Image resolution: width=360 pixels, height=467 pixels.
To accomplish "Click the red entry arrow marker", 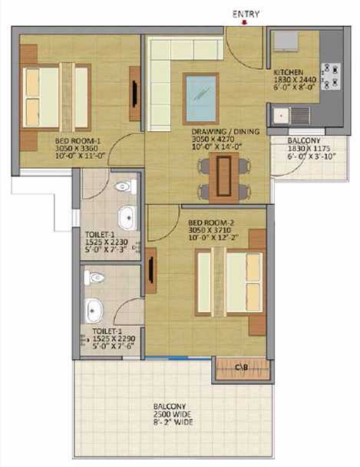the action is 244,22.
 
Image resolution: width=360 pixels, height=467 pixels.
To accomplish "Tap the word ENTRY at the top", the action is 246,14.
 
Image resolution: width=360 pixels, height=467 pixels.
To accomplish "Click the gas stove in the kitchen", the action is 331,76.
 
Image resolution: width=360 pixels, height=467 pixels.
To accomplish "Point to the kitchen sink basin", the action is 281,115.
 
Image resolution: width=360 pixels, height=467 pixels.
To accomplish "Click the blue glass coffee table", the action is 201,99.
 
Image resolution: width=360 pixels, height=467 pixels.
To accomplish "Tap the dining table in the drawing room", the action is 224,177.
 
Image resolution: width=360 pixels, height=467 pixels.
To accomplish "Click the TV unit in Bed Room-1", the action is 134,94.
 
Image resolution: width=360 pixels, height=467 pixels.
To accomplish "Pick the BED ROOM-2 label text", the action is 211,223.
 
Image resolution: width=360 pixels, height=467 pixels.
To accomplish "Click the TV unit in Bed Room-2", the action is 151,270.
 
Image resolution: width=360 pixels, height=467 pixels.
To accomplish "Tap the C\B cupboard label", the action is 241,367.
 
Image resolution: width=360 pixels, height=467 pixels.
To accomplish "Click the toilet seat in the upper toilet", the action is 125,186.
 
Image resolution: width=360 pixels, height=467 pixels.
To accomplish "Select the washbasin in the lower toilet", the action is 94,311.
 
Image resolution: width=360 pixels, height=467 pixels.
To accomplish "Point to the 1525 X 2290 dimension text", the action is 114,339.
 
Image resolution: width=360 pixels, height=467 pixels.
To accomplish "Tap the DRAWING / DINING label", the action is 226,132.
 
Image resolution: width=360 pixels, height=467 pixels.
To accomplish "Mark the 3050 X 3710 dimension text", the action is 210,230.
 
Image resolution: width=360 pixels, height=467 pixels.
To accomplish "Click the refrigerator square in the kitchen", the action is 286,41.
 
